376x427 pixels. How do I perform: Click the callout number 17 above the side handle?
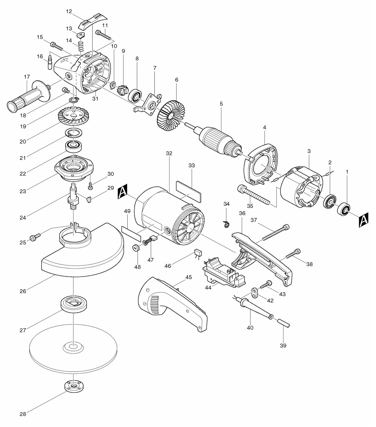pyautogui.click(x=27, y=77)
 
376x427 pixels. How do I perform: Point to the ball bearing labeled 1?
pyautogui.click(x=343, y=208)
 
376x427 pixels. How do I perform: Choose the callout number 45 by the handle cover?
pyautogui.click(x=189, y=277)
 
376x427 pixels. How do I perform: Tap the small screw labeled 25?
pyautogui.click(x=35, y=237)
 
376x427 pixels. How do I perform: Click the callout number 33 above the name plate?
pyautogui.click(x=192, y=165)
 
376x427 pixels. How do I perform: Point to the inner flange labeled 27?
pyautogui.click(x=74, y=304)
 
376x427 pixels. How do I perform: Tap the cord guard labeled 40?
pyautogui.click(x=256, y=309)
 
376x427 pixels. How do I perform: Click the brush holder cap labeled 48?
pyautogui.click(x=136, y=247)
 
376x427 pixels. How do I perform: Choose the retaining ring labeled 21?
pyautogui.click(x=74, y=133)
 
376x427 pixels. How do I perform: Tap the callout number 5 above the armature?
pyautogui.click(x=221, y=104)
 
